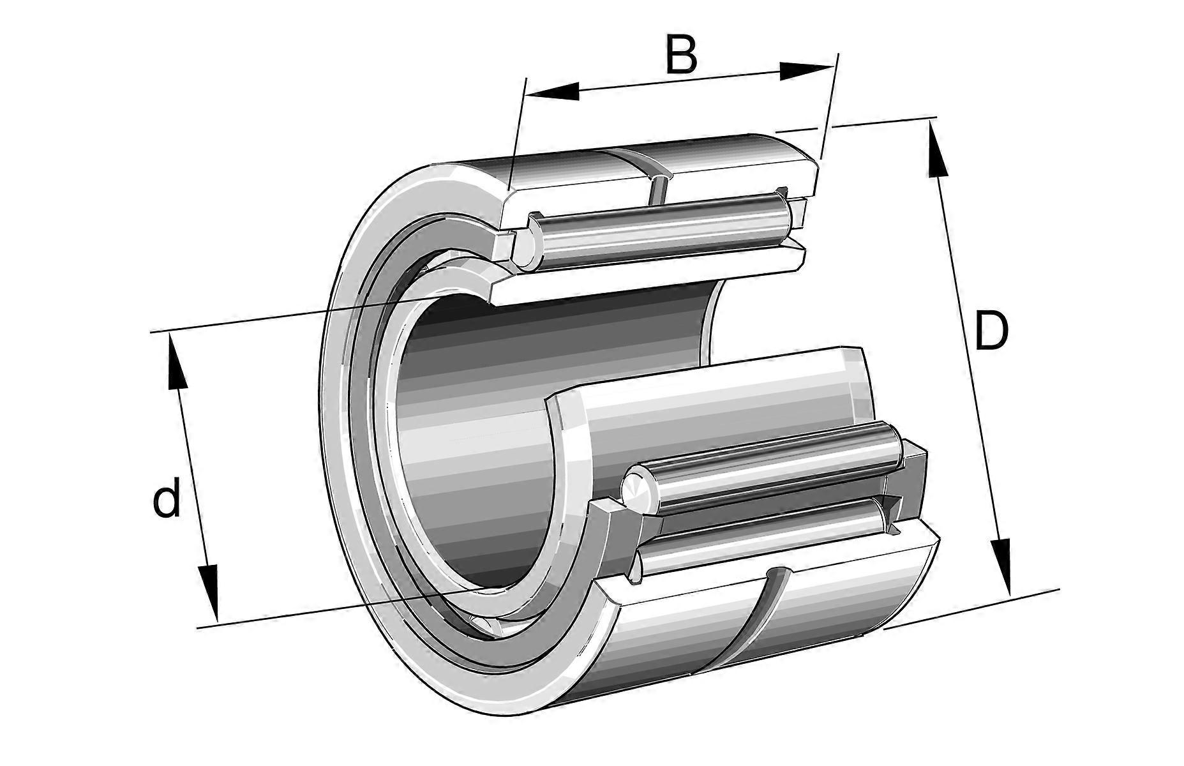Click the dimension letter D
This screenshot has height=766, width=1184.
991,331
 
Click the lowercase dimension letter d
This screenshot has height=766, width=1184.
167,500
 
